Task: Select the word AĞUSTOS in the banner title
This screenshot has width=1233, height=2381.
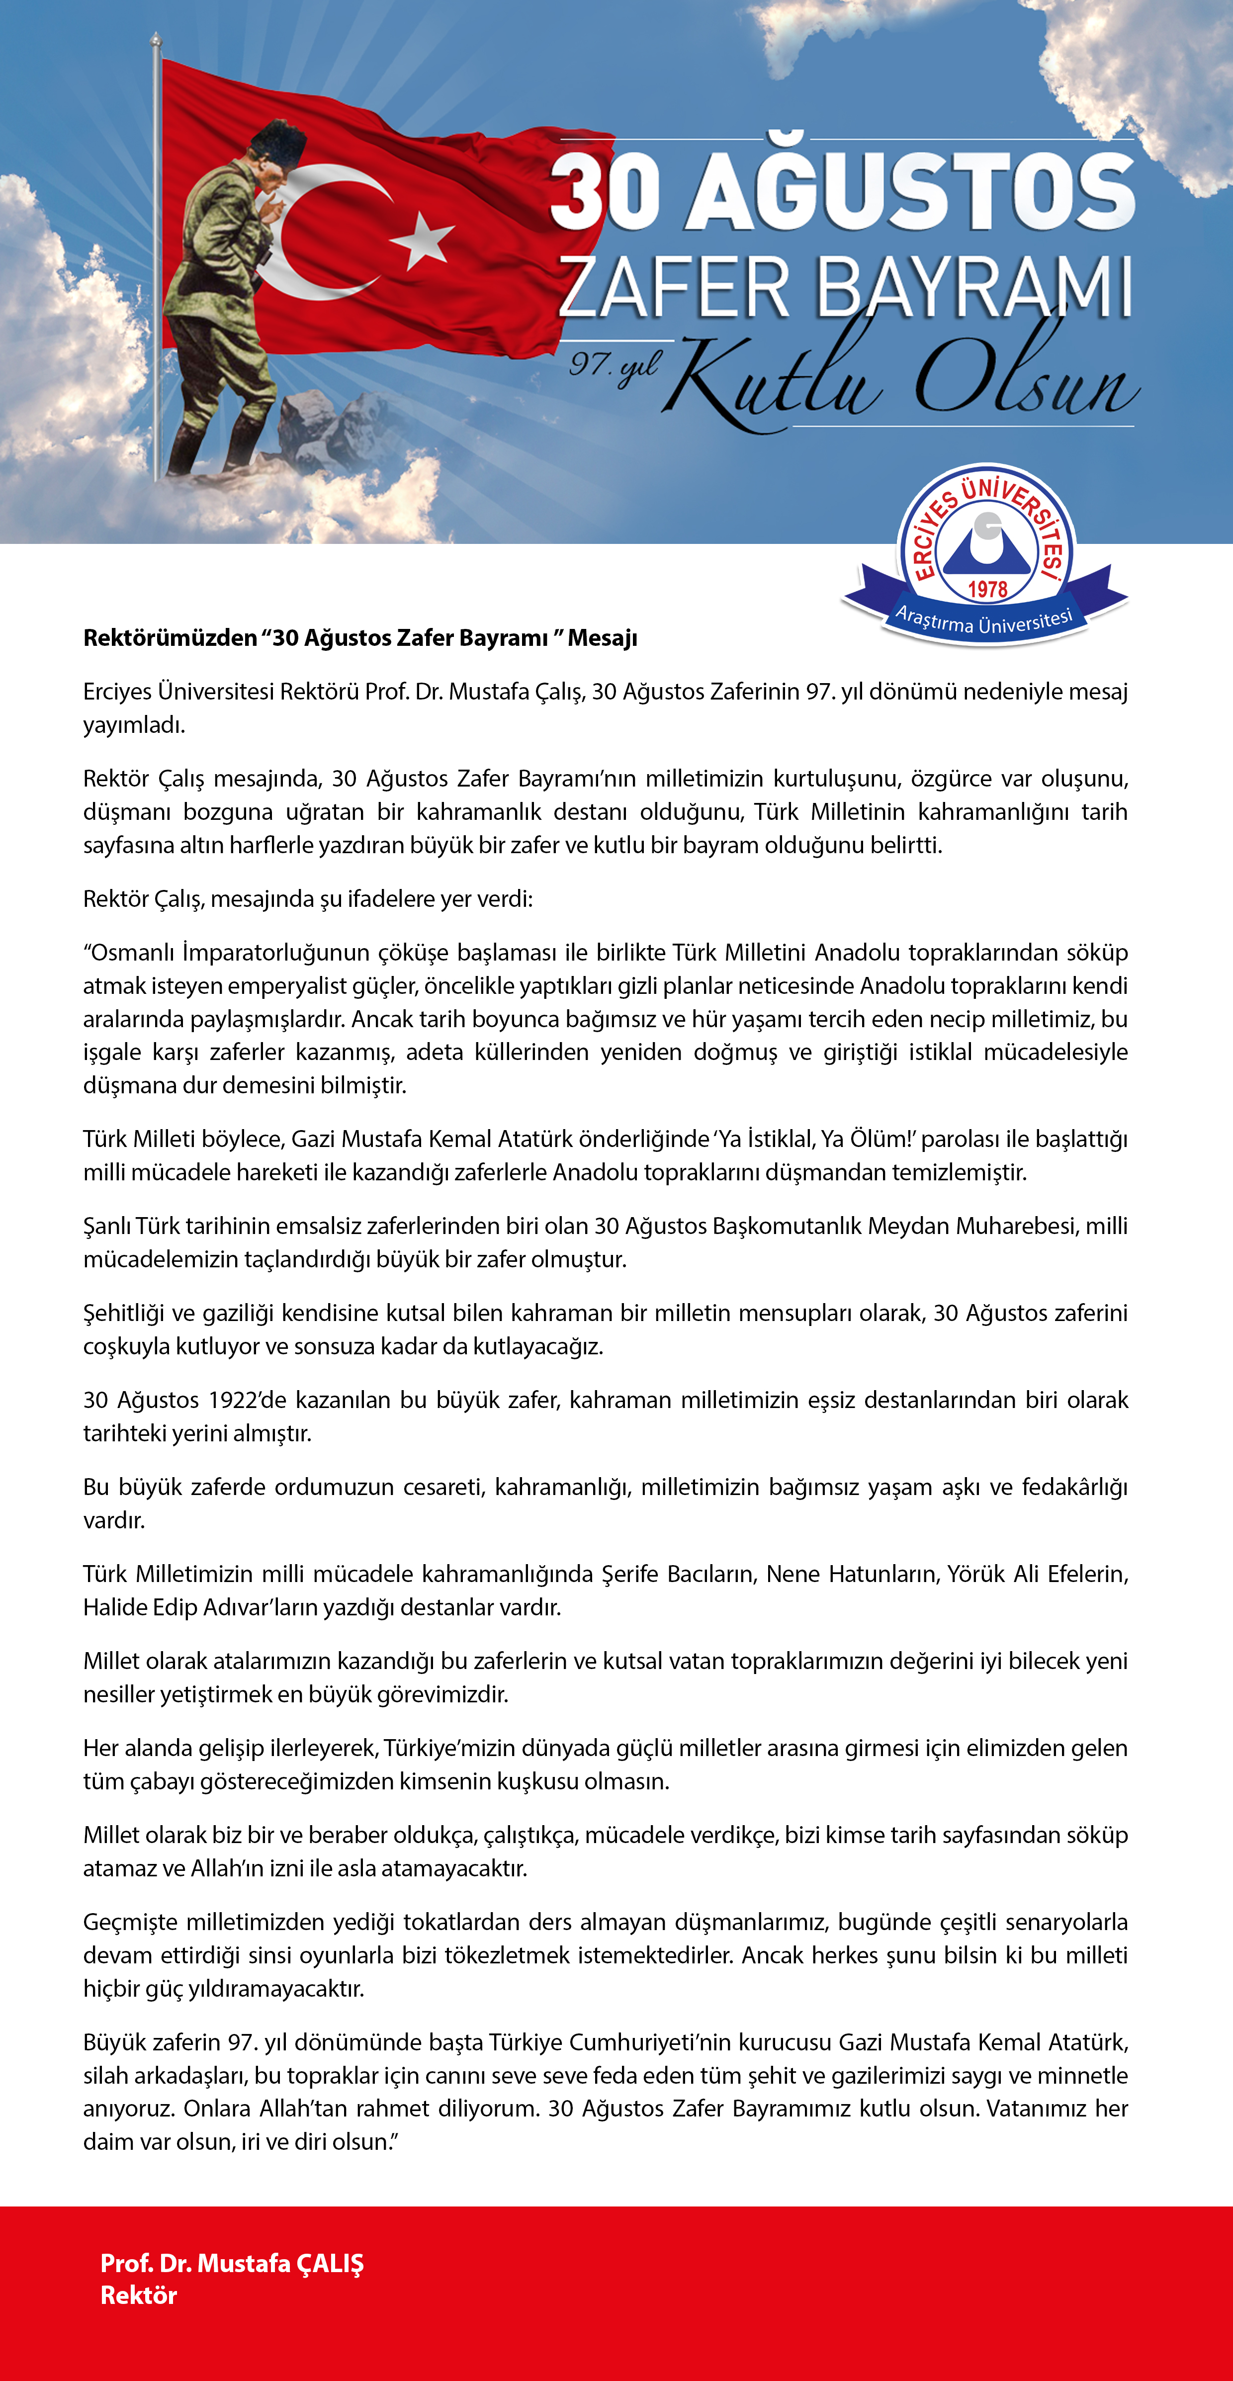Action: [x=910, y=191]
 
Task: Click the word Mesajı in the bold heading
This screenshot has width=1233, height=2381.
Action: [x=603, y=638]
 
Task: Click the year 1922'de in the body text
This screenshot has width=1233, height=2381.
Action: [x=248, y=1401]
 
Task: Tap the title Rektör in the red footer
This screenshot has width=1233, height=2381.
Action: [x=139, y=2296]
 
